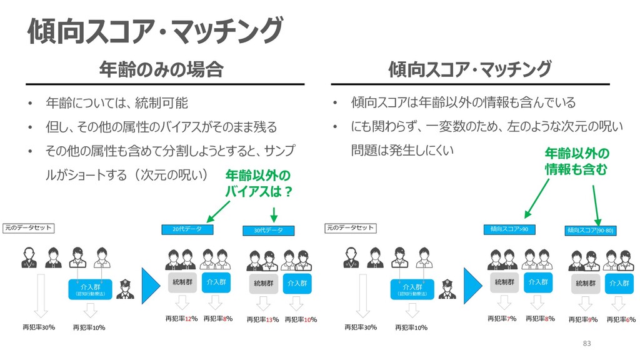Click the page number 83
[x=586, y=343]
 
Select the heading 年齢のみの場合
[x=161, y=69]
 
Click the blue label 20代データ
[x=187, y=229]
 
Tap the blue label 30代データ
[x=268, y=231]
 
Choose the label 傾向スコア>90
[x=509, y=229]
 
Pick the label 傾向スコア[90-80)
[x=591, y=231]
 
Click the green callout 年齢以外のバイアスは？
[x=258, y=182]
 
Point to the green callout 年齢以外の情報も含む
[x=576, y=161]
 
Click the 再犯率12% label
[x=181, y=319]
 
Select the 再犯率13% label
[x=262, y=320]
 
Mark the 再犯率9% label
[x=583, y=320]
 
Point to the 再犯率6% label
[x=621, y=320]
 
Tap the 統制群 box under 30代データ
[x=263, y=283]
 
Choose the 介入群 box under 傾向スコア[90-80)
[x=619, y=283]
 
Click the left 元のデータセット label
[x=28, y=228]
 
